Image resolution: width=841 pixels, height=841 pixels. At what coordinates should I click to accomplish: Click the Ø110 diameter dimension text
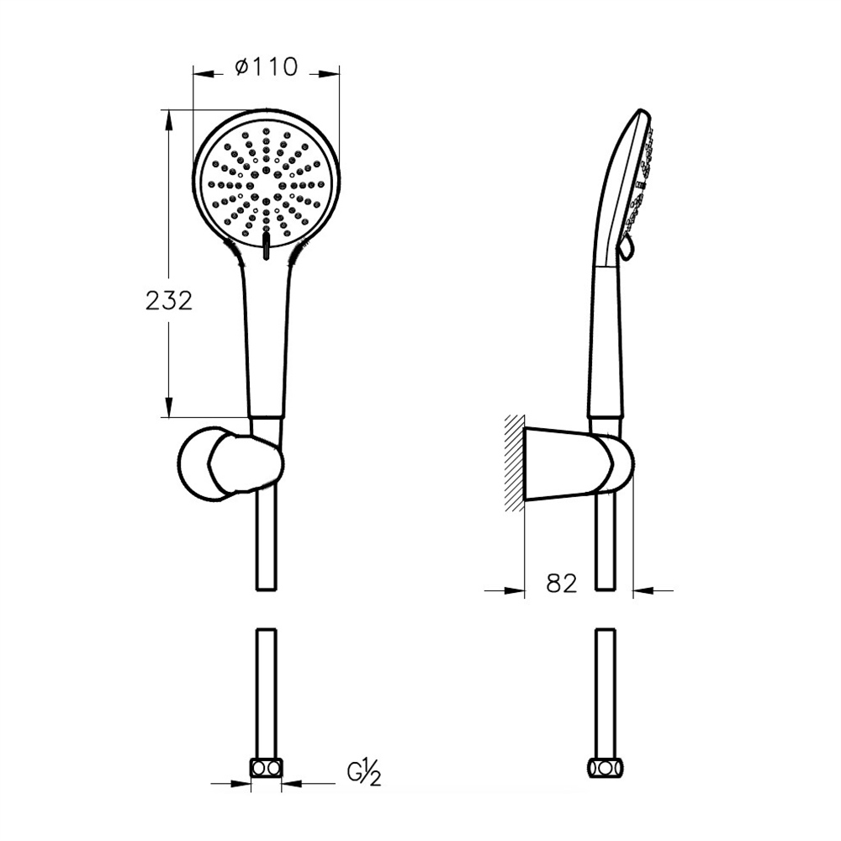click(x=266, y=67)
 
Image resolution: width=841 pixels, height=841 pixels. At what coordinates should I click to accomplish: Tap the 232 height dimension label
click(x=169, y=301)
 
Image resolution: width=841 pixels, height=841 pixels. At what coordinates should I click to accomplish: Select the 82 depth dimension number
click(x=562, y=583)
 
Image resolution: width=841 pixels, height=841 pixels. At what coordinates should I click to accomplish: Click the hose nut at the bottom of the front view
click(x=267, y=768)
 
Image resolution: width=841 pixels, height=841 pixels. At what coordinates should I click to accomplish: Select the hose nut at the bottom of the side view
click(x=605, y=768)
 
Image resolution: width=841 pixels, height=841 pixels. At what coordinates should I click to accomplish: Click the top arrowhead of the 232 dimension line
click(x=169, y=120)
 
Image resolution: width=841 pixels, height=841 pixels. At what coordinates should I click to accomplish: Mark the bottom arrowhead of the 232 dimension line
click(x=169, y=407)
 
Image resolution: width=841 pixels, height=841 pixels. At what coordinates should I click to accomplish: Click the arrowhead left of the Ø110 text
click(x=204, y=74)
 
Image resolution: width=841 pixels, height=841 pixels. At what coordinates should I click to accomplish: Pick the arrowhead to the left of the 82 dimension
click(x=515, y=590)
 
